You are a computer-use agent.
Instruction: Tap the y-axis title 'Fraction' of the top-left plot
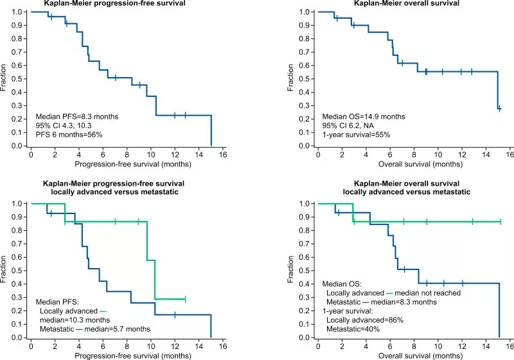[5, 79]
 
